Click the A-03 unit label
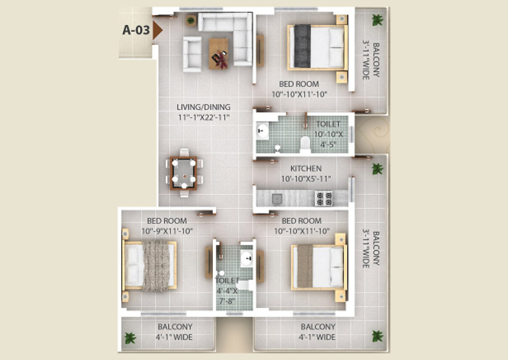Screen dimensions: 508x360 pos(136,30)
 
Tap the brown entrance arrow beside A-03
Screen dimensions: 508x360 pos(157,30)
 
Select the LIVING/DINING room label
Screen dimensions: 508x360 pos(203,107)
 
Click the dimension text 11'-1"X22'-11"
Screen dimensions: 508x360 pos(203,117)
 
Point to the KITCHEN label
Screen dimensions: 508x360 pos(306,169)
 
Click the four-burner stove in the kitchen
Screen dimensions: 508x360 pos(323,198)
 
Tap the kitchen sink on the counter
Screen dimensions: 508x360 pos(277,199)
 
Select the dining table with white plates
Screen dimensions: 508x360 pos(184,173)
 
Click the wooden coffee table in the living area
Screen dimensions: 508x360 pos(218,54)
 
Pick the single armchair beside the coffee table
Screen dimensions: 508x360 pos(192,54)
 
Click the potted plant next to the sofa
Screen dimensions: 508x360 pos(191,20)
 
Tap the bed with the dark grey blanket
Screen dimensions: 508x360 pos(317,47)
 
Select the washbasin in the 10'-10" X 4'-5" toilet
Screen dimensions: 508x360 pos(262,131)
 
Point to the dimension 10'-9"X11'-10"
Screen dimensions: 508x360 pos(167,231)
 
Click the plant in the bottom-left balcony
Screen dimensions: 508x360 pos(130,338)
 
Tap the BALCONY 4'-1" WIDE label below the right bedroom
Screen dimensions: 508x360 pos(317,332)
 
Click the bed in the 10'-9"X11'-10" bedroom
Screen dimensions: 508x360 pos(150,266)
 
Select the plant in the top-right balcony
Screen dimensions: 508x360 pos(377,20)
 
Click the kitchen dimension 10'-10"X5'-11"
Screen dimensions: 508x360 pos(306,179)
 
